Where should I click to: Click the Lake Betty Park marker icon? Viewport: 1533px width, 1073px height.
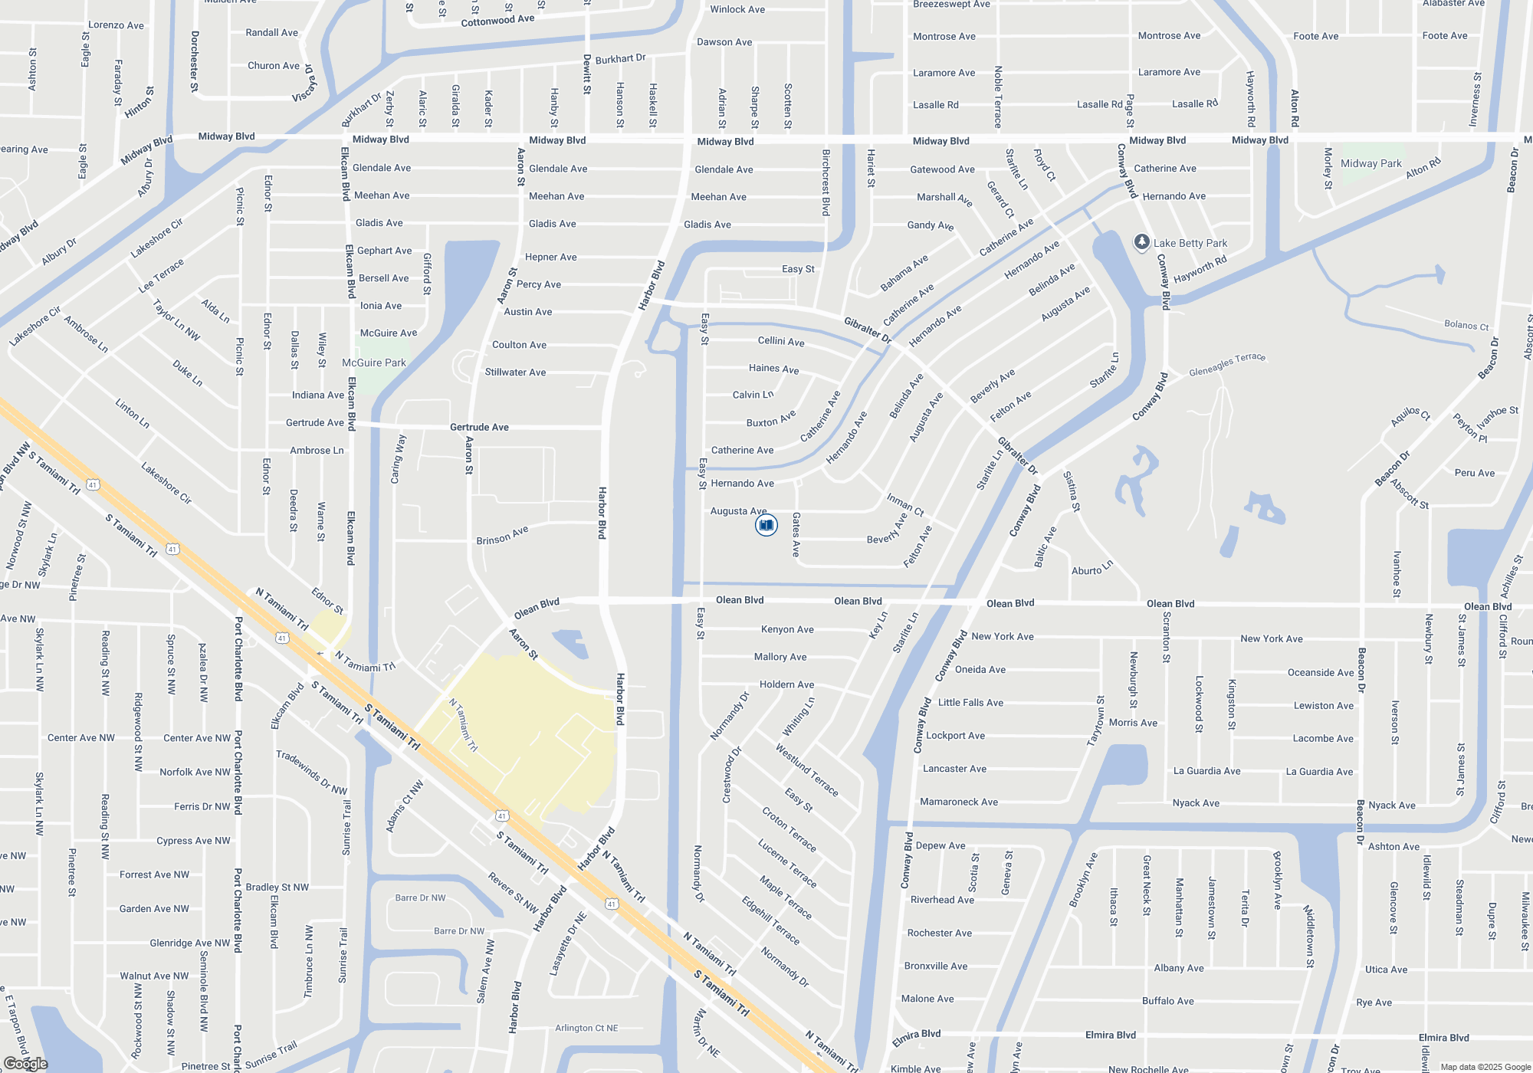tap(1141, 242)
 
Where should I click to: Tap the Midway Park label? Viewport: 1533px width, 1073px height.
tap(1371, 163)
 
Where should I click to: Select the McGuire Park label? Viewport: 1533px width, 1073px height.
tap(374, 363)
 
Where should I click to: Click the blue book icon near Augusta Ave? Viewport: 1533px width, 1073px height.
tap(766, 525)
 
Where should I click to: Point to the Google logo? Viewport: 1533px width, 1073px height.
tap(25, 1064)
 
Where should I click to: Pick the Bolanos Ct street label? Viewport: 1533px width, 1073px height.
tap(1466, 325)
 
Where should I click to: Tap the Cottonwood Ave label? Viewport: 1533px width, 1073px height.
tap(497, 20)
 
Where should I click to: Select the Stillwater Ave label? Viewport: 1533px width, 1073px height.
tap(515, 372)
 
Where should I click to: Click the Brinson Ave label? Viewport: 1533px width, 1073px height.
tap(502, 536)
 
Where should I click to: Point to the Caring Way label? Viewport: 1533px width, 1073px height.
tap(397, 459)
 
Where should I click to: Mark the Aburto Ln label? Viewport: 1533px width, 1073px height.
tap(1091, 569)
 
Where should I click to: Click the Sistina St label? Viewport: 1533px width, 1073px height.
tap(1072, 491)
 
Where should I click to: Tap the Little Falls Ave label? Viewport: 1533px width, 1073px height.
tap(970, 703)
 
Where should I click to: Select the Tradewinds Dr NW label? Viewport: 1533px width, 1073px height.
tap(312, 772)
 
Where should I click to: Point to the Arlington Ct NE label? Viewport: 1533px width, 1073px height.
tap(586, 1028)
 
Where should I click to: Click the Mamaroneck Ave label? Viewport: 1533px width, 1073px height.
tap(959, 802)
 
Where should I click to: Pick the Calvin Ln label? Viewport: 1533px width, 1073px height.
tap(753, 395)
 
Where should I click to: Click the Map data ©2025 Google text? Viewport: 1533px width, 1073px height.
tap(1485, 1067)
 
